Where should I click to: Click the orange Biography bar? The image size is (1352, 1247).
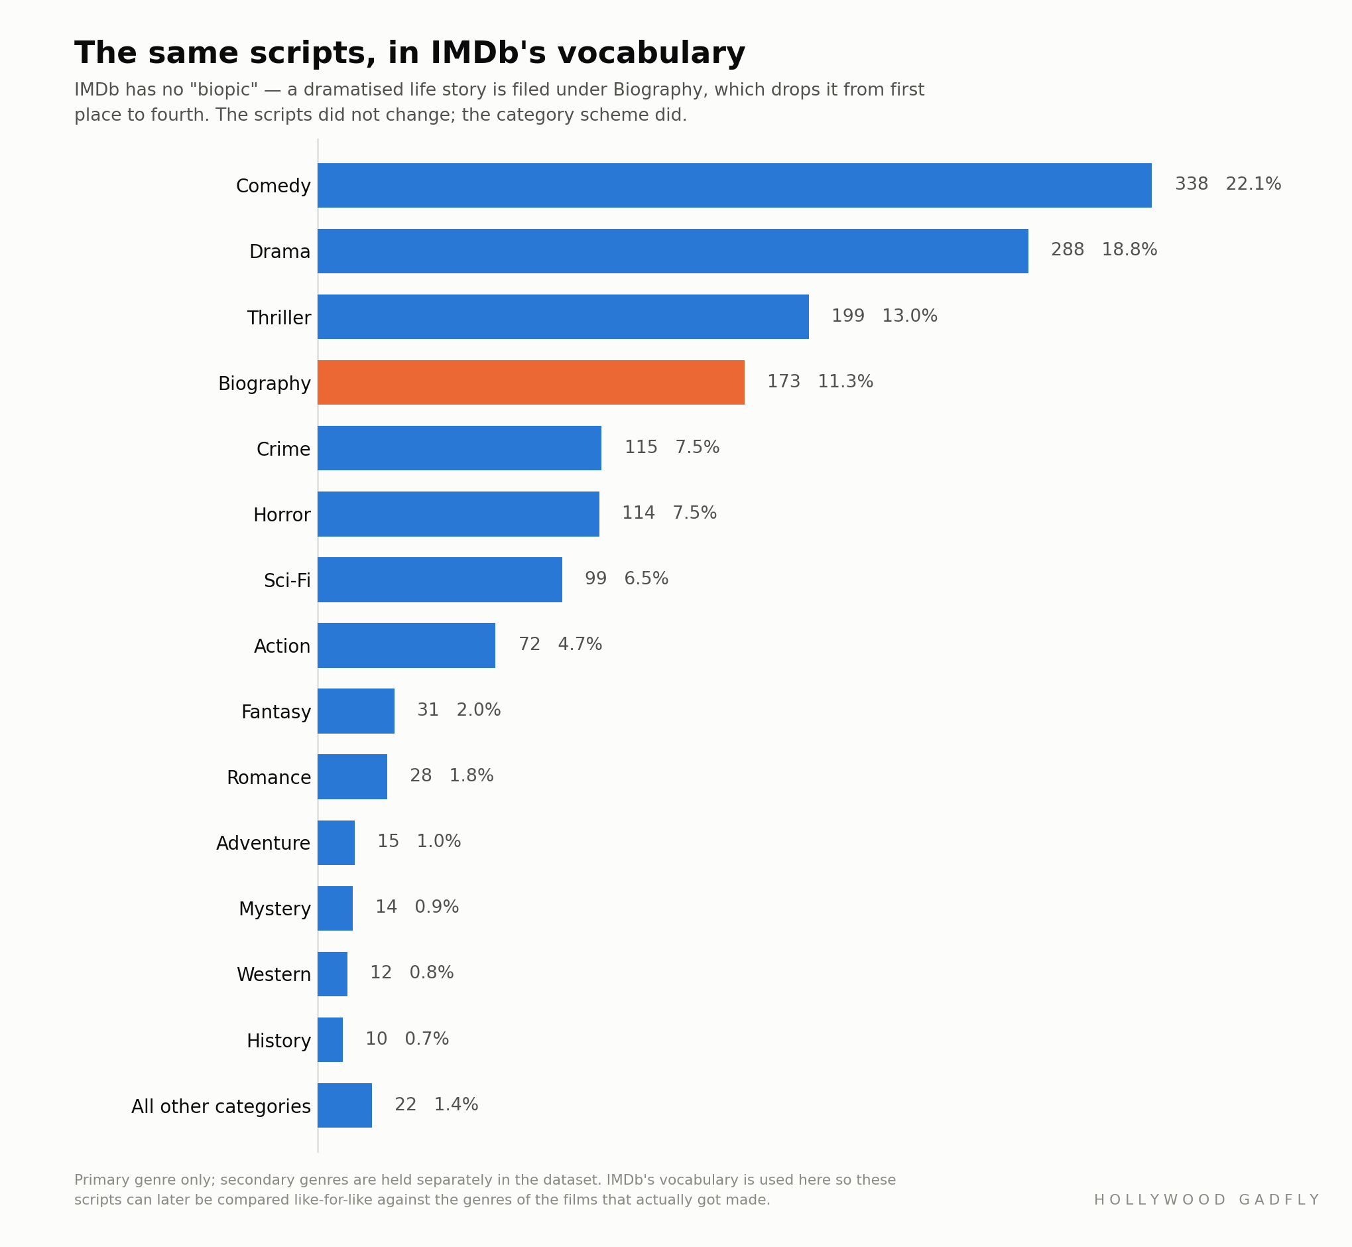tap(531, 383)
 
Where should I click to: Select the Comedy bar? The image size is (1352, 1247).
tap(735, 185)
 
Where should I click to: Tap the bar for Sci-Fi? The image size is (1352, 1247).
tap(440, 580)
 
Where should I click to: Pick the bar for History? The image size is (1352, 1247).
tap(331, 1040)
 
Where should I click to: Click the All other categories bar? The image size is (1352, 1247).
tap(345, 1105)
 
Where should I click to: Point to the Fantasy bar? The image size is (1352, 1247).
tap(356, 711)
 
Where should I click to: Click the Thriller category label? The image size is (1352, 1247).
tap(279, 318)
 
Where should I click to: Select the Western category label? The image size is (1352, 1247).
tap(274, 974)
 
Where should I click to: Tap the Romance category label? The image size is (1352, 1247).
tap(269, 777)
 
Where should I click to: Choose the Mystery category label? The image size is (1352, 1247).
tap(275, 909)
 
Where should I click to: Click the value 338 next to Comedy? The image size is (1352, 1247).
tap(1192, 184)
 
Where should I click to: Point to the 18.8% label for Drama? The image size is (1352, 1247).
tap(1129, 249)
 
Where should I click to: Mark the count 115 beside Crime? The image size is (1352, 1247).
tap(641, 447)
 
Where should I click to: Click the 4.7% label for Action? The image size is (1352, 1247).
tap(580, 645)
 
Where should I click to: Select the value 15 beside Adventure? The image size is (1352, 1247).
tap(389, 842)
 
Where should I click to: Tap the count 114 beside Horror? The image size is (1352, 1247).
tap(639, 513)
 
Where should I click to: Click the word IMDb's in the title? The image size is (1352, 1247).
tap(487, 53)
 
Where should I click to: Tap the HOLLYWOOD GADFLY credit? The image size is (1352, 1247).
tap(1206, 1200)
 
